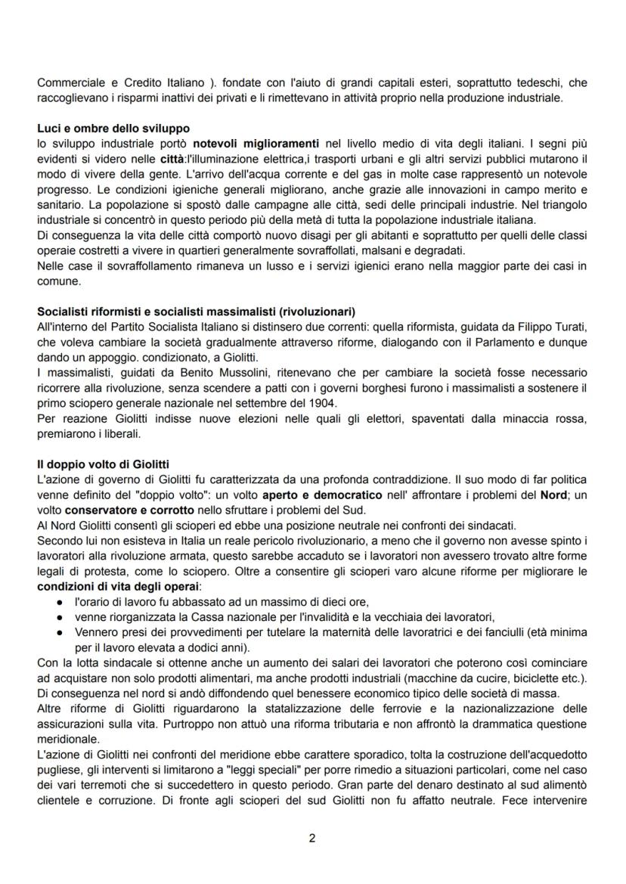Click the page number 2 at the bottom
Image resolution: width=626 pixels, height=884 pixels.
[x=312, y=837]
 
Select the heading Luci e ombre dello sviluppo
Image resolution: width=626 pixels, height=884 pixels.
[x=113, y=129]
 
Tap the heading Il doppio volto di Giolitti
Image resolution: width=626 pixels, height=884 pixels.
[x=103, y=464]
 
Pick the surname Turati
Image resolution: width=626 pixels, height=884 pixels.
[x=568, y=325]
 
